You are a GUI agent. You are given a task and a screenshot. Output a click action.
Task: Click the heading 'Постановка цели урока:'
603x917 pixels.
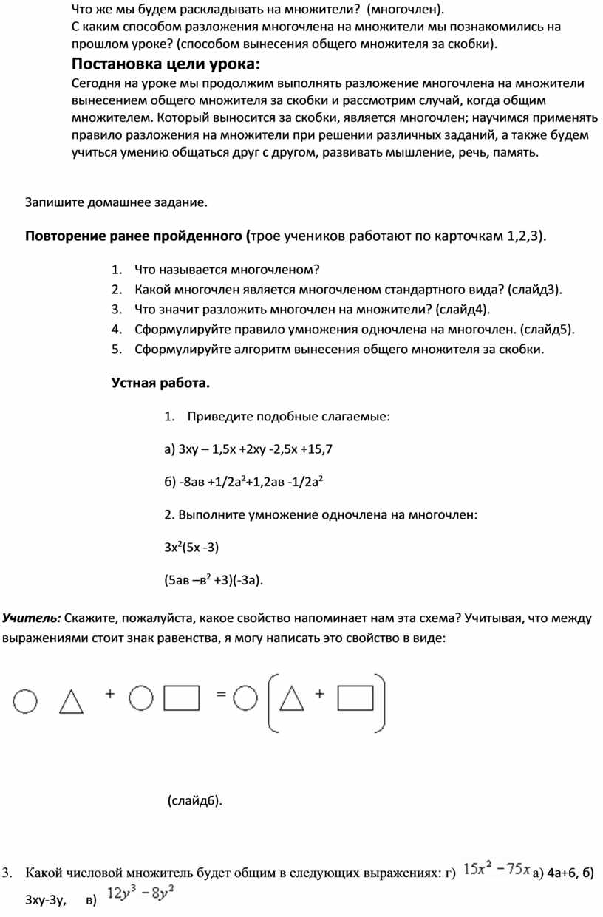(x=166, y=63)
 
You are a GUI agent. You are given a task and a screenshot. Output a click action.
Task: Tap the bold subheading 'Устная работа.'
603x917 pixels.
(x=160, y=383)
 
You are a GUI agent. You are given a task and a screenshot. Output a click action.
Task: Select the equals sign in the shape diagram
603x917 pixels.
(x=220, y=695)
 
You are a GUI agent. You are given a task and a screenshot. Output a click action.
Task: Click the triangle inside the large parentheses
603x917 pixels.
(x=293, y=699)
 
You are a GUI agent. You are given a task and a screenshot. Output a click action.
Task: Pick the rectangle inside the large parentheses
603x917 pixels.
(x=358, y=698)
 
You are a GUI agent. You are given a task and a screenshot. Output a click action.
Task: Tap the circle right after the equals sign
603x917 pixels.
(x=246, y=698)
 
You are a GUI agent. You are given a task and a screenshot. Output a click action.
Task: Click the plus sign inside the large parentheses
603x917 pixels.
(x=321, y=694)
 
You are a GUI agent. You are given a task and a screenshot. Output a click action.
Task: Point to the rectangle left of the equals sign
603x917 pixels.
(x=181, y=698)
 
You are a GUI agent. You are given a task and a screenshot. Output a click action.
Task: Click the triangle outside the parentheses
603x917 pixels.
(x=71, y=701)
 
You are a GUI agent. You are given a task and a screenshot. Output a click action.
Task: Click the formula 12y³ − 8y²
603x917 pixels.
(x=140, y=893)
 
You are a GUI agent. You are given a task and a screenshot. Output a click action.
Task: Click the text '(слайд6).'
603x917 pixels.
(x=194, y=800)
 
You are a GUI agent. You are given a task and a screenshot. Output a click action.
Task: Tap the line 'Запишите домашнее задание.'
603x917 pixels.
(x=117, y=201)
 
